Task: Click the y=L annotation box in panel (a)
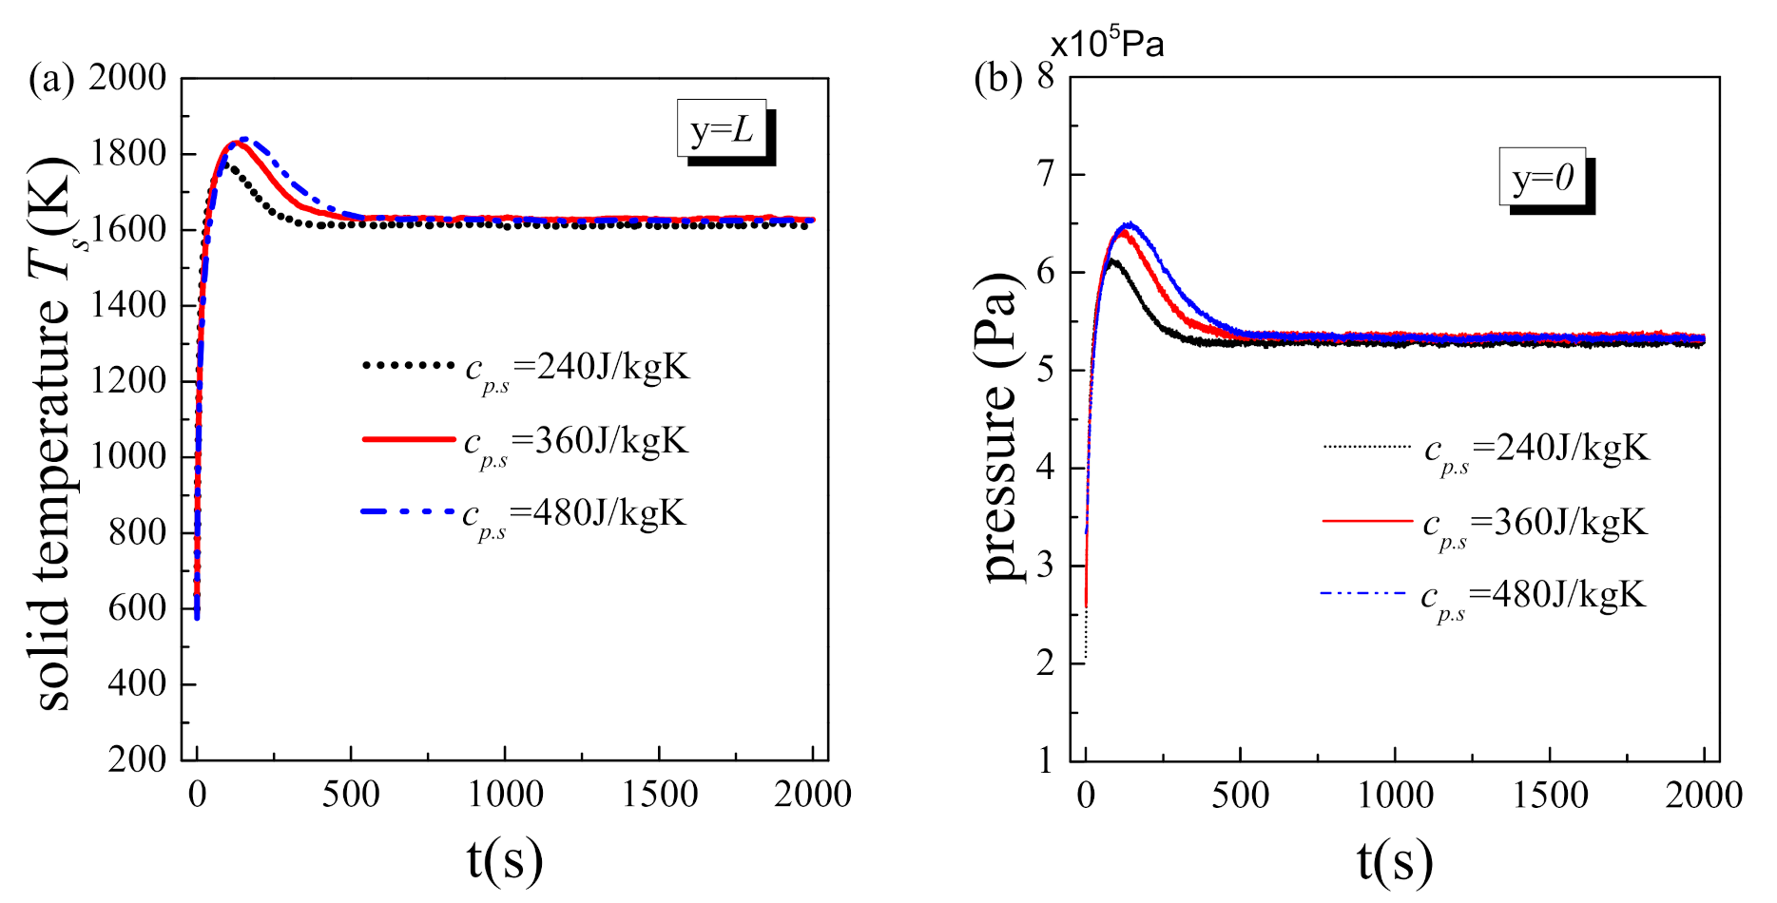(722, 128)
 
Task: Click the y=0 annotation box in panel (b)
(1542, 177)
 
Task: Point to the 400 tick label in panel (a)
(137, 683)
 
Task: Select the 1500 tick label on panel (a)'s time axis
(659, 795)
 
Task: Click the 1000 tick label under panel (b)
(1395, 795)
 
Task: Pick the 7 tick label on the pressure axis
(1047, 174)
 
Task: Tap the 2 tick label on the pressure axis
(1047, 663)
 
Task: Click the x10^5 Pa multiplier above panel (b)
(1108, 44)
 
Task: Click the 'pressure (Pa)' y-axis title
(998, 428)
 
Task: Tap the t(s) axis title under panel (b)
(1395, 860)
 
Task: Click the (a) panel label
(51, 79)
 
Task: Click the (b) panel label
(997, 79)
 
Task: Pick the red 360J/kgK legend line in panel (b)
(1367, 521)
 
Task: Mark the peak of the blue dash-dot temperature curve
(243, 139)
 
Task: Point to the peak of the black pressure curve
(1111, 259)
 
